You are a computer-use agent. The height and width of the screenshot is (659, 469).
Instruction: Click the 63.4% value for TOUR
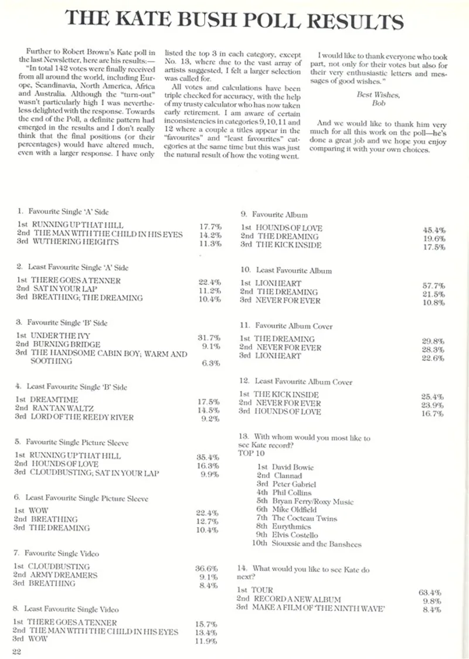pyautogui.click(x=430, y=592)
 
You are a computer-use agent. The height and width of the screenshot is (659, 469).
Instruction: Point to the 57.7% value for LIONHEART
pyautogui.click(x=434, y=285)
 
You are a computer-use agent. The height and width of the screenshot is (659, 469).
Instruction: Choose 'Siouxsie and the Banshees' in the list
pyautogui.click(x=317, y=544)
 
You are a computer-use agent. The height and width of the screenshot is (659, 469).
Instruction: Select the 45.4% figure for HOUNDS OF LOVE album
pyautogui.click(x=434, y=230)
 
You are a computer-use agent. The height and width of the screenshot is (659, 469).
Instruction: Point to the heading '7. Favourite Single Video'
pyautogui.click(x=56, y=553)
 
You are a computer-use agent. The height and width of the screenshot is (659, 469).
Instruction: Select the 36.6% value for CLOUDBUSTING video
pyautogui.click(x=206, y=568)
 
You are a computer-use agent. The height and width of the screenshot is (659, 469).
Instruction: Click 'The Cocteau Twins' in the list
pyautogui.click(x=304, y=518)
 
